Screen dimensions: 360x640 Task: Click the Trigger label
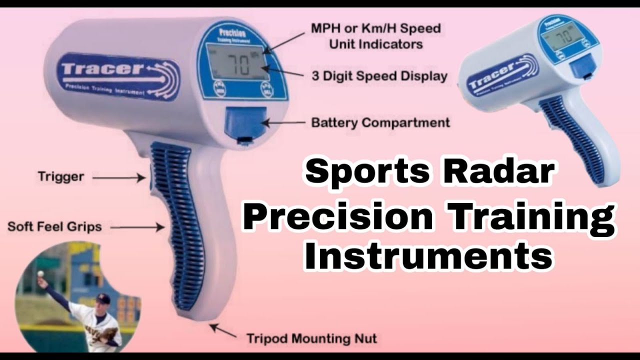(60, 176)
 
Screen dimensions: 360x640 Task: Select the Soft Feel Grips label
(54, 226)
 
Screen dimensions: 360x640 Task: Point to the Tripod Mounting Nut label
(311, 338)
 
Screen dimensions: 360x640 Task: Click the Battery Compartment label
(380, 122)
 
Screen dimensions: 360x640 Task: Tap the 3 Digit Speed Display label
(379, 76)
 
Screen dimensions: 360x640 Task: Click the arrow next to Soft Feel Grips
(137, 227)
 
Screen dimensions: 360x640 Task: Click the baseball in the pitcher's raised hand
(40, 274)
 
